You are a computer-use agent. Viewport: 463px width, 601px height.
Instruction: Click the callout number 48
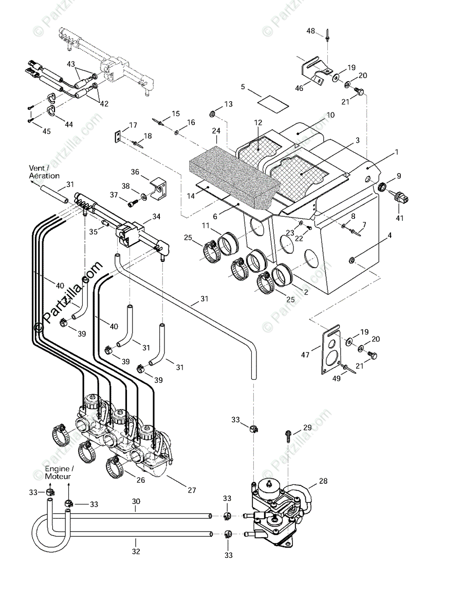311,31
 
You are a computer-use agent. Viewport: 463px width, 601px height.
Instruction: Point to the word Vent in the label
38,168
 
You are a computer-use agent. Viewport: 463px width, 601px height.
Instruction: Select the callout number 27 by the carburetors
192,490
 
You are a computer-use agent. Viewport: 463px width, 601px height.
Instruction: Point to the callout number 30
136,501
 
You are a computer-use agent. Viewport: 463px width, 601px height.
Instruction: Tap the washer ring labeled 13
212,112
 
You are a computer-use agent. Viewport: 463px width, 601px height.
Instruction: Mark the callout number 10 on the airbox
330,115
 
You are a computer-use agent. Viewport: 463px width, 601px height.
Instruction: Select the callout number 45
47,131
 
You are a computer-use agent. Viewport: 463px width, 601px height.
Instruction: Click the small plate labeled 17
118,136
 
